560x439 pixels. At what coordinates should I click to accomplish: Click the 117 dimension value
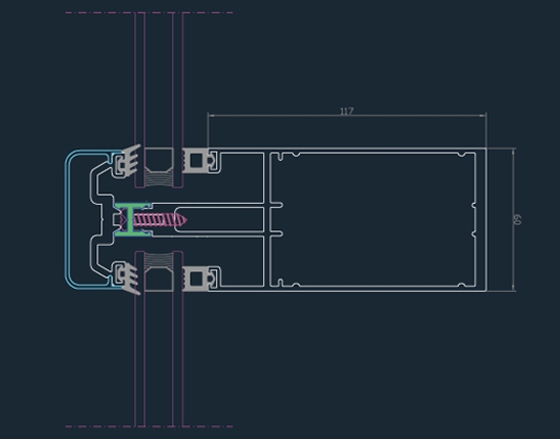347,111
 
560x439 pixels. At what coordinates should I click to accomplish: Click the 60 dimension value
517,219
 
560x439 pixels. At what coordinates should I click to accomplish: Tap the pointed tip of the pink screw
187,219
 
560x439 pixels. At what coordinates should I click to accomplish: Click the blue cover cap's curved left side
67,219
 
